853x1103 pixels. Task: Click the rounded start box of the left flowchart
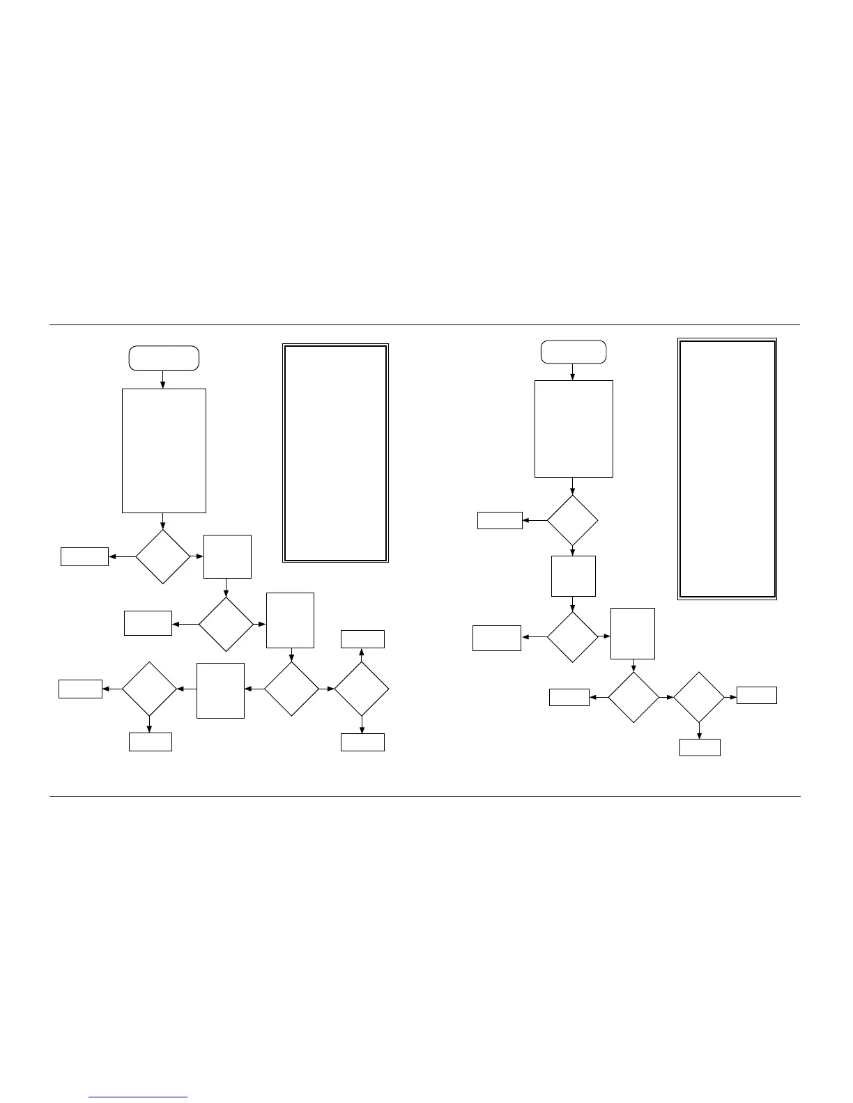click(x=164, y=358)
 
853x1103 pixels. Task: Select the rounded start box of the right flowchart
click(x=574, y=352)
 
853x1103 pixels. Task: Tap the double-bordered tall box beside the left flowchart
click(x=335, y=453)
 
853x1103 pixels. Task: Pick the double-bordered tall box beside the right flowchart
click(x=727, y=469)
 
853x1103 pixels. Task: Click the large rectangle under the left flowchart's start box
click(x=164, y=451)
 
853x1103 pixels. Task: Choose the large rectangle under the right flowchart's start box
click(x=574, y=428)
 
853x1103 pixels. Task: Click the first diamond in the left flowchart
click(x=162, y=556)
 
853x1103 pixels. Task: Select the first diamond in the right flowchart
click(x=572, y=520)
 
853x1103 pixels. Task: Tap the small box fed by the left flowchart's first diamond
click(x=84, y=556)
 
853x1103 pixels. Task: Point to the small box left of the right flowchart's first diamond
click(x=500, y=520)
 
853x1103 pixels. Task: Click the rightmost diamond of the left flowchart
click(x=361, y=689)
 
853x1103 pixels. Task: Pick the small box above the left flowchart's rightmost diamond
click(x=362, y=639)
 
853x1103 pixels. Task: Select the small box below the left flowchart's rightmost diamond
click(x=362, y=742)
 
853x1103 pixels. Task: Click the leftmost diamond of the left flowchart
click(x=149, y=689)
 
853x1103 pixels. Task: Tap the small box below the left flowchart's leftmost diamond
click(x=151, y=742)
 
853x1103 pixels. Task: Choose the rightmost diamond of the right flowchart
click(x=699, y=697)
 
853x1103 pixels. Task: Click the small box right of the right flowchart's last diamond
click(x=757, y=695)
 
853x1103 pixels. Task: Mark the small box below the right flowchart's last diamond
click(x=700, y=747)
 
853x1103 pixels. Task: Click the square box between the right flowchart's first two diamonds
click(x=573, y=576)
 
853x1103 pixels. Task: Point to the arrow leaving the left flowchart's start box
click(x=163, y=380)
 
